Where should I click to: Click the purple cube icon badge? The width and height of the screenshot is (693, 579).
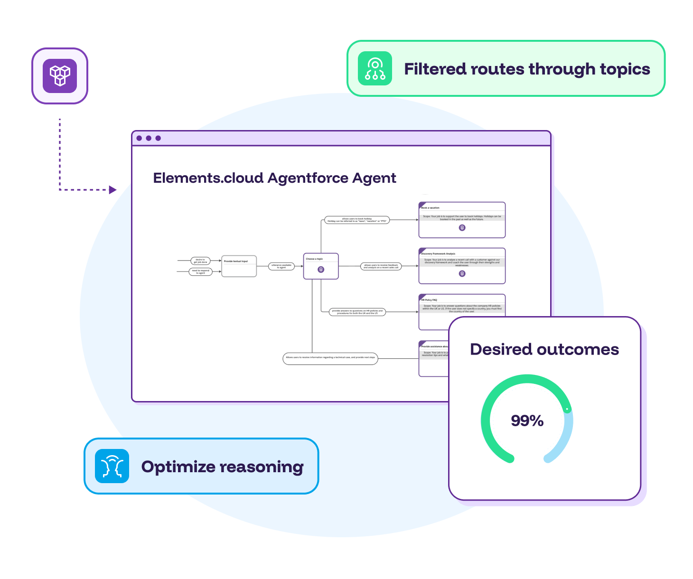coord(60,76)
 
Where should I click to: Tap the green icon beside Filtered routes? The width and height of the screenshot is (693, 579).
coord(375,69)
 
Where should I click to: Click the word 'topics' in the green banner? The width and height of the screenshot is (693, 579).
coord(625,69)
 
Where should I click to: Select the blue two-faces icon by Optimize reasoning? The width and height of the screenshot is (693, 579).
coord(112,466)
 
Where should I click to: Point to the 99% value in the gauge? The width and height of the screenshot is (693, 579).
coord(527,420)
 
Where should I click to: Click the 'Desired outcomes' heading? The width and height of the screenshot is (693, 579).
coord(544,349)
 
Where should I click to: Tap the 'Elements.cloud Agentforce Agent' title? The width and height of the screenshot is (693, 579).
coord(274,178)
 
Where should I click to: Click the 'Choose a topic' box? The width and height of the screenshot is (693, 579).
coord(321,266)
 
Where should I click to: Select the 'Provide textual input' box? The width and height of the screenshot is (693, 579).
coord(239,266)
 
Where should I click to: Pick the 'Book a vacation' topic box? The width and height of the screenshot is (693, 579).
coord(462,220)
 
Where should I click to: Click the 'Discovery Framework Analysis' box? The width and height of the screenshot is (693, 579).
coord(462,266)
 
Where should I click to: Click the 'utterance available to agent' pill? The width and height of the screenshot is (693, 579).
coord(281,266)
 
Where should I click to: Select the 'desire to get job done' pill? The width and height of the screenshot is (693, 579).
coord(200,261)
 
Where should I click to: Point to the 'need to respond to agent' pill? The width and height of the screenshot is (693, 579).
coord(201,272)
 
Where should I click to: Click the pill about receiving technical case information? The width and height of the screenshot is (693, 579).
coord(330,358)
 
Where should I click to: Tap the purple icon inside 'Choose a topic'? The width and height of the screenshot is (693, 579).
coord(321,270)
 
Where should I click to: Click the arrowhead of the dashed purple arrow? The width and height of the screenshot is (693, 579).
coord(113,190)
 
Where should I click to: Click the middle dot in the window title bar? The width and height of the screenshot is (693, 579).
coord(149,138)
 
